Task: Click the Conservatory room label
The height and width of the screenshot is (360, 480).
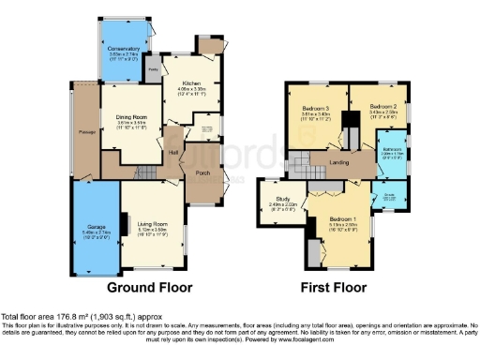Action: (x=124, y=48)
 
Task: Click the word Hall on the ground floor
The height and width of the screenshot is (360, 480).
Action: (x=173, y=153)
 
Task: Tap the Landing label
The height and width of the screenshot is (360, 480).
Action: (x=339, y=163)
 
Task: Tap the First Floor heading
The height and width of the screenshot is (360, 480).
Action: (x=334, y=288)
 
